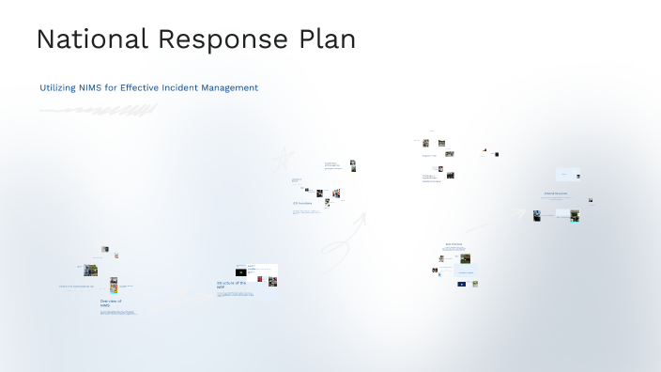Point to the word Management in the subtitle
pyautogui.click(x=228, y=87)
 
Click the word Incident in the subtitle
pyautogui.click(x=177, y=87)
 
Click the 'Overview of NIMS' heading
pyautogui.click(x=111, y=302)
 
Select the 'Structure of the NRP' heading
pyautogui.click(x=231, y=285)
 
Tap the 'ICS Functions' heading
pyautogui.click(x=301, y=203)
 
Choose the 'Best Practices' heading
pyautogui.click(x=453, y=244)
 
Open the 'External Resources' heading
pyautogui.click(x=555, y=194)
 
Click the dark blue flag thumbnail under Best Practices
pyautogui.click(x=461, y=284)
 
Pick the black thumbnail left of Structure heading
pyautogui.click(x=240, y=271)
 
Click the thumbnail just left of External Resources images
pyautogui.click(x=537, y=215)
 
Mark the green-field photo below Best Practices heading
pyautogui.click(x=465, y=257)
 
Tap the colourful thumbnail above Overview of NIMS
pyautogui.click(x=114, y=286)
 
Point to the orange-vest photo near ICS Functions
pyautogui.click(x=335, y=194)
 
